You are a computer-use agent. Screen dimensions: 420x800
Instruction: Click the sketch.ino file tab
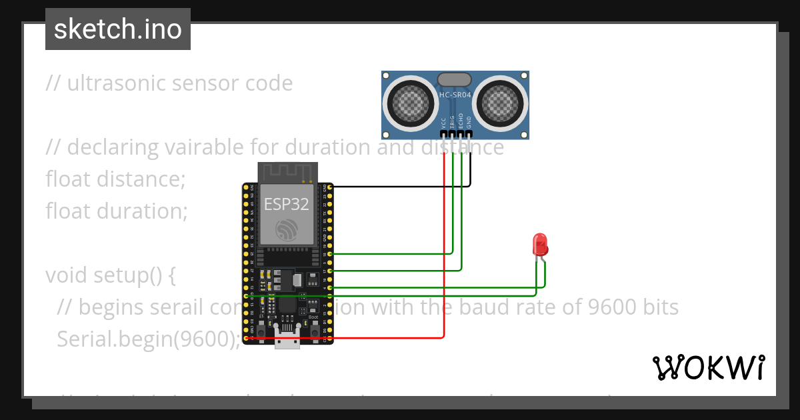coord(117,29)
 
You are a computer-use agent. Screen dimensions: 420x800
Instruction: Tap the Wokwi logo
coord(707,367)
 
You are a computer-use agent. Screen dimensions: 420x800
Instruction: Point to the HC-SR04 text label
coord(455,95)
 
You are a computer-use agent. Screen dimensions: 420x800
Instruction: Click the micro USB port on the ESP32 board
coord(287,342)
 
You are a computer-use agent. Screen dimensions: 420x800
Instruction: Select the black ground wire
coord(400,186)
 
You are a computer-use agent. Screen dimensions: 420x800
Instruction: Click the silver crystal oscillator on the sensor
coord(455,79)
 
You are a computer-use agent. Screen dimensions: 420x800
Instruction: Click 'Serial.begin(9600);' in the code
coord(148,339)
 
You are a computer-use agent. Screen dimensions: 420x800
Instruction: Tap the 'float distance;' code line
coord(115,179)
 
